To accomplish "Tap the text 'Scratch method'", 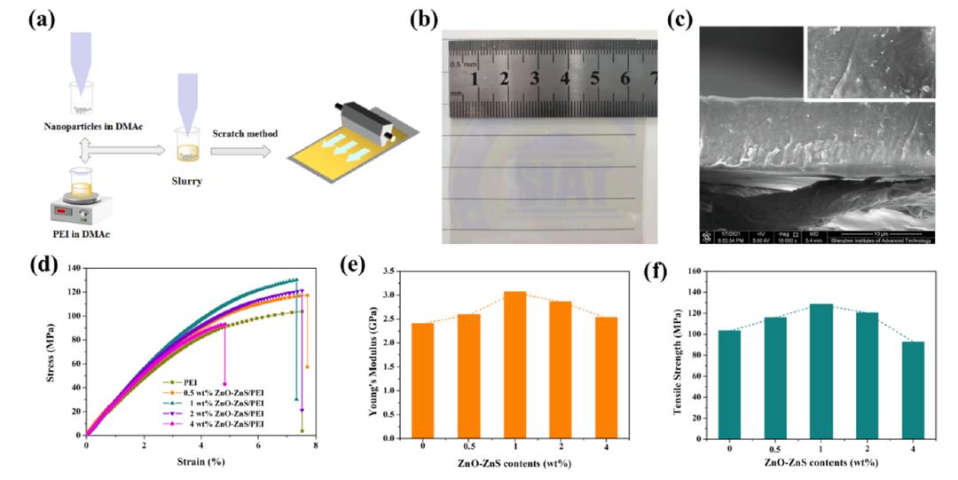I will [244, 133].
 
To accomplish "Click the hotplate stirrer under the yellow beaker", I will [76, 209].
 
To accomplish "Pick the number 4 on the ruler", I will [564, 79].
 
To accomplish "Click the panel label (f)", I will [655, 271].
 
